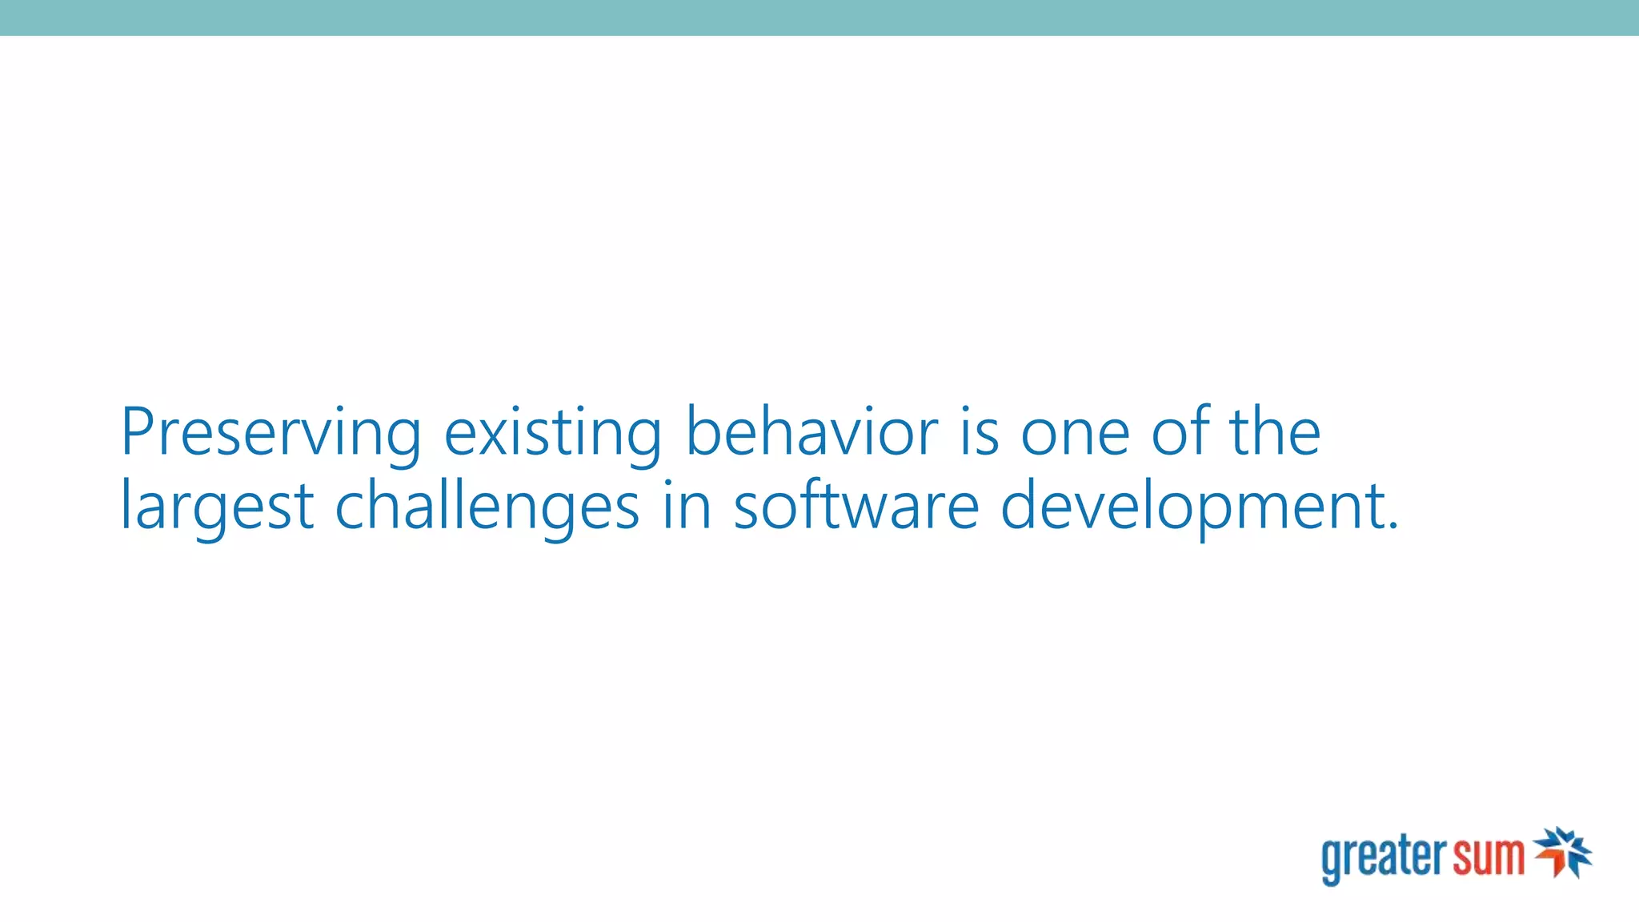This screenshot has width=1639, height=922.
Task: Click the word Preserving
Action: pos(270,433)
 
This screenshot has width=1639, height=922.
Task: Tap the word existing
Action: pos(552,433)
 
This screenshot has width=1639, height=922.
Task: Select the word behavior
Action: pos(811,433)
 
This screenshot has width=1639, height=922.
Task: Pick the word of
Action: pos(1180,433)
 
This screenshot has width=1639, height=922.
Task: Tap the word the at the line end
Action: pos(1275,433)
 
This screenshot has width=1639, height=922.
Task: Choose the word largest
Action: pos(217,507)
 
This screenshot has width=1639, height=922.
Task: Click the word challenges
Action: pos(487,507)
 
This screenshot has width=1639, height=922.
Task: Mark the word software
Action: pos(856,507)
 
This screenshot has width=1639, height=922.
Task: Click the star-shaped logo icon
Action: pos(1562,853)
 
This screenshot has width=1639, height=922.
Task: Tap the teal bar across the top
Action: pos(819,18)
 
